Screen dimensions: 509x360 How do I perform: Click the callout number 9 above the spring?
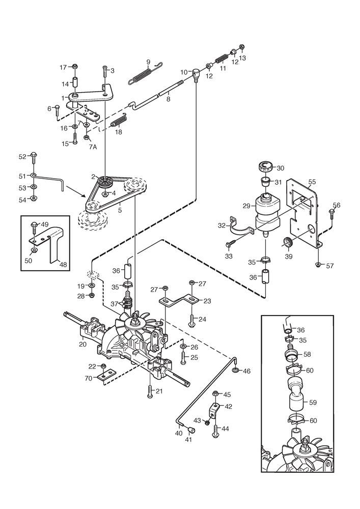(x=148, y=62)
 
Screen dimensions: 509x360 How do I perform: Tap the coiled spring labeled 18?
(x=118, y=122)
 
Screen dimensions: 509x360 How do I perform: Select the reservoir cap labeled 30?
(x=266, y=165)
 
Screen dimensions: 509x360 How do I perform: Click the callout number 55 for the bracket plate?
(x=312, y=181)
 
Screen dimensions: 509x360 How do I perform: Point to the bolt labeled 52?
(x=34, y=155)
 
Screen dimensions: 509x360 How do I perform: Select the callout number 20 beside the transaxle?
(x=82, y=345)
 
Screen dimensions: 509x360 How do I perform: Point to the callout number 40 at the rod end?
(x=178, y=433)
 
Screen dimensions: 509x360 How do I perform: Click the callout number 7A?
(x=92, y=147)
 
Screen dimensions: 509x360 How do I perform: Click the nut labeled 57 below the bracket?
(x=317, y=265)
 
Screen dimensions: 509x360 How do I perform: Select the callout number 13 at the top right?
(x=242, y=58)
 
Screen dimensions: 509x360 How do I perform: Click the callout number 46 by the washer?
(x=246, y=371)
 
